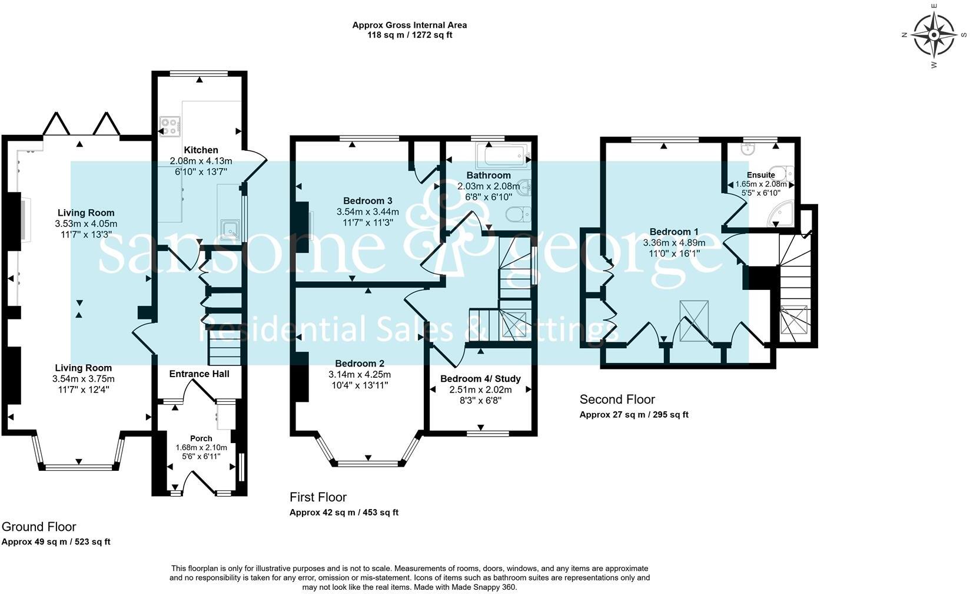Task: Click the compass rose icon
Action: [x=935, y=35]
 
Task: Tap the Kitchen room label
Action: [x=201, y=150]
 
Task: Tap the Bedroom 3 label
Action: [x=368, y=201]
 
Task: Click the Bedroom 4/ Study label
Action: [x=480, y=378]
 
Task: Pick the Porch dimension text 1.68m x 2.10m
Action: [x=201, y=447]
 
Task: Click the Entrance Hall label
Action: [x=199, y=374]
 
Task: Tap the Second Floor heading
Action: [x=617, y=400]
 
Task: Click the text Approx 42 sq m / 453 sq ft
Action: [x=344, y=513]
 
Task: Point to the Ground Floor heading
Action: [x=39, y=527]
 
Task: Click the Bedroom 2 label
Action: [x=360, y=364]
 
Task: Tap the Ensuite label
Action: [x=760, y=174]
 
